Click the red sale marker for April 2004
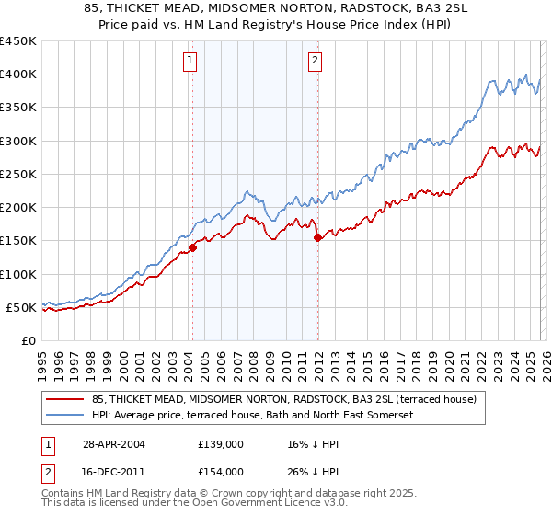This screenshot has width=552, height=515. click(193, 247)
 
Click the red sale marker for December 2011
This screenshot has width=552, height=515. click(318, 237)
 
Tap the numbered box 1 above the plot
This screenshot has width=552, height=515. click(190, 62)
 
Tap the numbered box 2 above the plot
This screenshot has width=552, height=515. click(315, 62)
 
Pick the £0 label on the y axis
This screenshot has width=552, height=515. click(28, 340)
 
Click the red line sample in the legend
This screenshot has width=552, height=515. click(64, 399)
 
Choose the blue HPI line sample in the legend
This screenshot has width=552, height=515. click(64, 415)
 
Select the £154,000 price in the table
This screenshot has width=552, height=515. click(221, 471)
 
